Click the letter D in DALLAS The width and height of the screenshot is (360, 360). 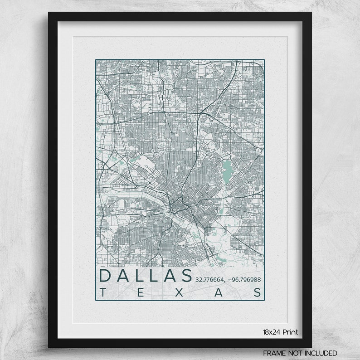pyautogui.click(x=105, y=276)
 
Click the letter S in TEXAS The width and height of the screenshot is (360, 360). pyautogui.click(x=257, y=292)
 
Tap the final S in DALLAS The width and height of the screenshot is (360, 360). pyautogui.click(x=185, y=276)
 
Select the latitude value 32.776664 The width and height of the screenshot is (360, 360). pyautogui.click(x=211, y=280)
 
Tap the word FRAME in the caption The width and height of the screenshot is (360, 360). pyautogui.click(x=274, y=352)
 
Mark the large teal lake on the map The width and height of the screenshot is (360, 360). pyautogui.click(x=225, y=169)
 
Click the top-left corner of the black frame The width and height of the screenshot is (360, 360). pyautogui.click(x=49, y=13)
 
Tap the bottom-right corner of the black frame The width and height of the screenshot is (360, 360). pyautogui.click(x=311, y=347)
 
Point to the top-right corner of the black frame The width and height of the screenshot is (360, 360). pyautogui.click(x=311, y=13)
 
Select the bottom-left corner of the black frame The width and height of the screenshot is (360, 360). pyautogui.click(x=49, y=347)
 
